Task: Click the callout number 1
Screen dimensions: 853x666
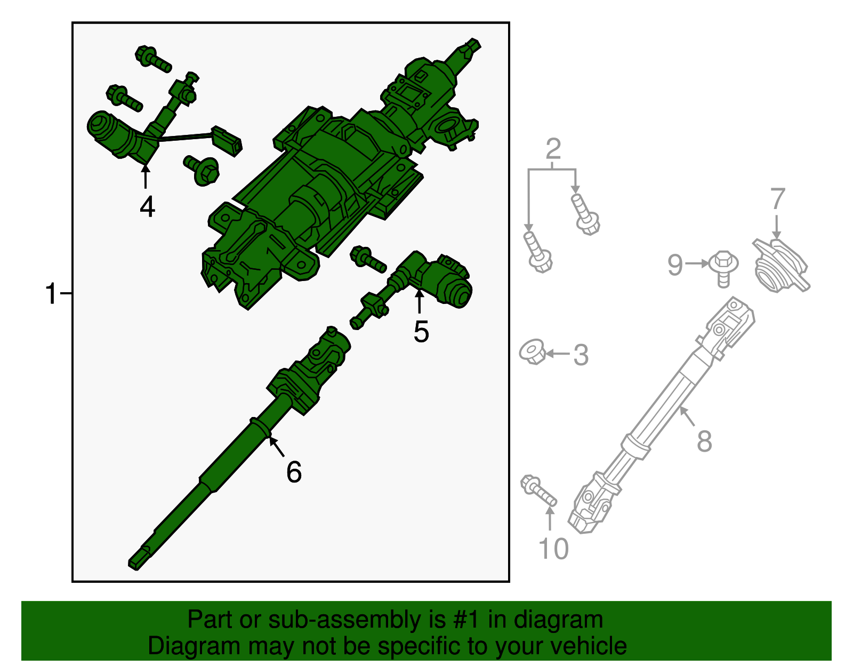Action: point(51,294)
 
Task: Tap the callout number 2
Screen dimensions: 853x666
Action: point(553,149)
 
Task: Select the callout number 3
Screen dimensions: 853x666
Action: point(581,355)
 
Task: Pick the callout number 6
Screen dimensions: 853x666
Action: point(294,472)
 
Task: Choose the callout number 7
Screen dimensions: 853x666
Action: point(778,198)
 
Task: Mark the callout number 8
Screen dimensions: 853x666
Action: point(704,441)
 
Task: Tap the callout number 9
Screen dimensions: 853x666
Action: point(675,265)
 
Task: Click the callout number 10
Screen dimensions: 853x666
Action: point(553,549)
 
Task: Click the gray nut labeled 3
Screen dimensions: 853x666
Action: point(533,352)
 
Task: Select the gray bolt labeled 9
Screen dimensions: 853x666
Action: point(723,269)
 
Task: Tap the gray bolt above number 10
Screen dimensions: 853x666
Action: point(538,491)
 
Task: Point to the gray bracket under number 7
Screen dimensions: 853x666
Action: point(781,266)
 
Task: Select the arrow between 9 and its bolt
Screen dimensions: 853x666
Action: point(697,264)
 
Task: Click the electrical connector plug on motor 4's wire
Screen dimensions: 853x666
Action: point(227,141)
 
